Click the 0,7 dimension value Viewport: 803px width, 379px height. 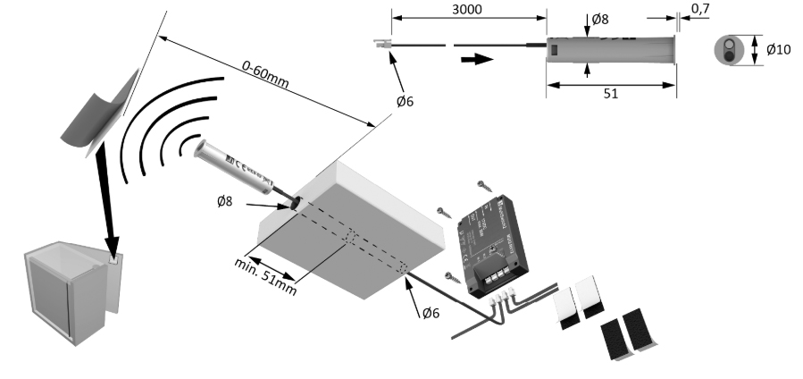click(x=701, y=9)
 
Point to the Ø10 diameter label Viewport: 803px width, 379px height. click(x=778, y=49)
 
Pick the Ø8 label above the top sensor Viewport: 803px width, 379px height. click(x=602, y=18)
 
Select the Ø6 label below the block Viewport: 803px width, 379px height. click(x=430, y=312)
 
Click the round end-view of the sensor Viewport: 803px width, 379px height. click(x=731, y=50)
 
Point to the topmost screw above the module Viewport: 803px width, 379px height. click(x=485, y=186)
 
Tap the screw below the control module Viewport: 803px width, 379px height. click(x=455, y=279)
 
